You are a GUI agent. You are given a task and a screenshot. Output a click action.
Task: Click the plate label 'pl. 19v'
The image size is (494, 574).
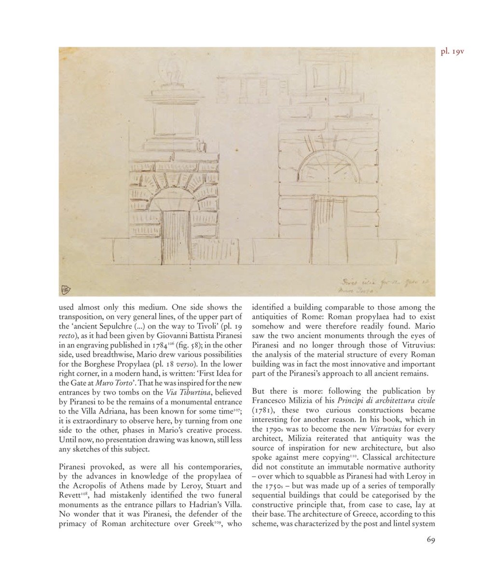coord(452,51)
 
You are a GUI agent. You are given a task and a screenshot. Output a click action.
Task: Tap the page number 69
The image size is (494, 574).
coord(431,539)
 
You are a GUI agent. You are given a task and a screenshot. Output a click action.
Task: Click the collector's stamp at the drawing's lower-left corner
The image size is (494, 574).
coord(66,290)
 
